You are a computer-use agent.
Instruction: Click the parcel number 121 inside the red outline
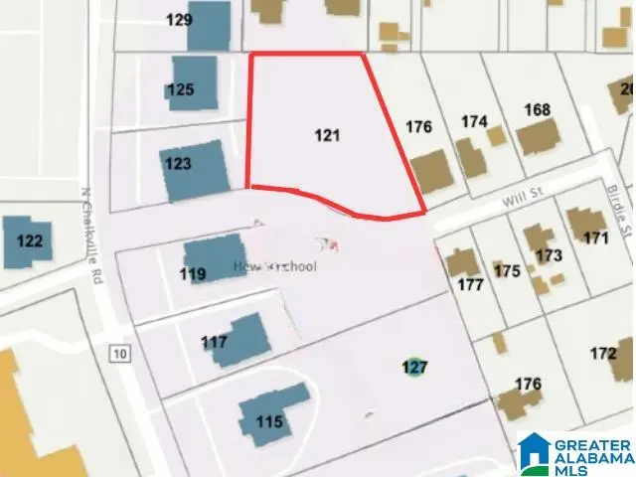coord(327,135)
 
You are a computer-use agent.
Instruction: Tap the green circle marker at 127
coord(414,368)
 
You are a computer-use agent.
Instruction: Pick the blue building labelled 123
coord(194,171)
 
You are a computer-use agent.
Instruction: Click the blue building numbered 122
coord(28,241)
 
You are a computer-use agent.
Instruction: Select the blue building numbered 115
coord(265,422)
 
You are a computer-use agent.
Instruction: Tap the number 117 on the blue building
coord(215,343)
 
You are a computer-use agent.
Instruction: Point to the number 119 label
coord(193,274)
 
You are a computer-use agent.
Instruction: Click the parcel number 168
coord(537,109)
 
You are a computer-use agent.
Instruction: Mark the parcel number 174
coord(474,121)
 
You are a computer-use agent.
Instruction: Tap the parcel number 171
coord(595,238)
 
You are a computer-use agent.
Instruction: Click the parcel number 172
coord(602,353)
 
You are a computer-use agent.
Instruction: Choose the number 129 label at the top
coord(178,19)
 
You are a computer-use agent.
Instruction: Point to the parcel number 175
coord(507,270)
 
